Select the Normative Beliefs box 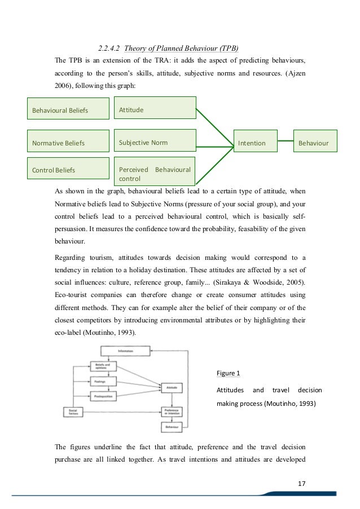[x=68, y=143]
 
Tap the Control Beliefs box [x=68, y=169]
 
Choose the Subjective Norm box [x=155, y=143]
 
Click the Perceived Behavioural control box [x=155, y=174]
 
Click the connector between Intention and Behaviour [x=288, y=143]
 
